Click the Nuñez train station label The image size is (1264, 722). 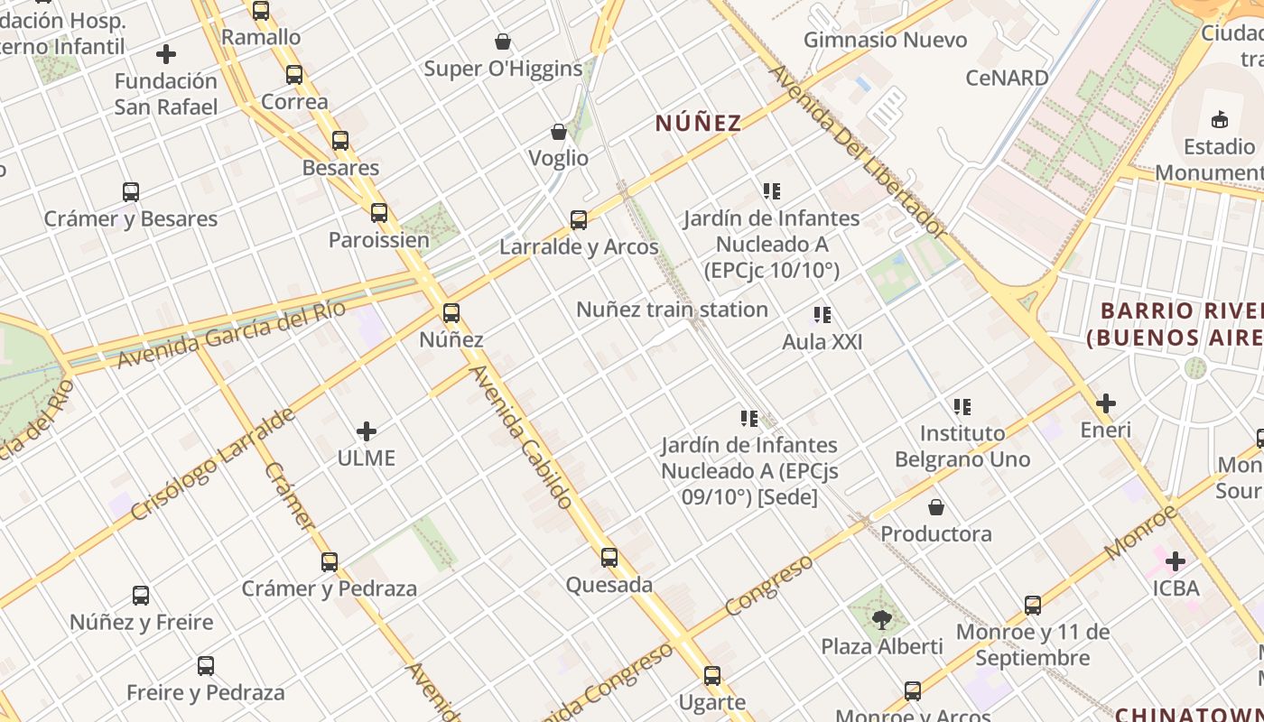pyautogui.click(x=672, y=310)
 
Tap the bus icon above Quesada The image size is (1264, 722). pyautogui.click(x=609, y=558)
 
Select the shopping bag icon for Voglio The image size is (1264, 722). pyautogui.click(x=559, y=132)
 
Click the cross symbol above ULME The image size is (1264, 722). pyautogui.click(x=367, y=430)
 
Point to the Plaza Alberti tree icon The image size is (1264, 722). pyautogui.click(x=882, y=620)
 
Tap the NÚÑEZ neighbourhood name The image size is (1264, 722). pyautogui.click(x=698, y=123)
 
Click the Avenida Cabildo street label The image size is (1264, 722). pyautogui.click(x=521, y=437)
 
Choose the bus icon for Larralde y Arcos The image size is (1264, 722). pyautogui.click(x=579, y=219)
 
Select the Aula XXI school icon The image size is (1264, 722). pyautogui.click(x=822, y=315)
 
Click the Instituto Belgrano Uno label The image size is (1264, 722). pyautogui.click(x=962, y=446)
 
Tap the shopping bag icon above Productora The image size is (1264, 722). pyautogui.click(x=936, y=507)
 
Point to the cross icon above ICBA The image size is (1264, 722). pyautogui.click(x=1175, y=562)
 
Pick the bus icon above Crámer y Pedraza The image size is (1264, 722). pyautogui.click(x=330, y=562)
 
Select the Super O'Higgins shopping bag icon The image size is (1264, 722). pyautogui.click(x=503, y=42)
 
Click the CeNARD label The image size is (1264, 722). pyautogui.click(x=1007, y=78)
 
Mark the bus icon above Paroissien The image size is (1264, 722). pyautogui.click(x=379, y=213)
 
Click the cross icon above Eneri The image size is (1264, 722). pyautogui.click(x=1106, y=403)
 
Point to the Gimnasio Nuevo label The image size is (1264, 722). pyautogui.click(x=885, y=40)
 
